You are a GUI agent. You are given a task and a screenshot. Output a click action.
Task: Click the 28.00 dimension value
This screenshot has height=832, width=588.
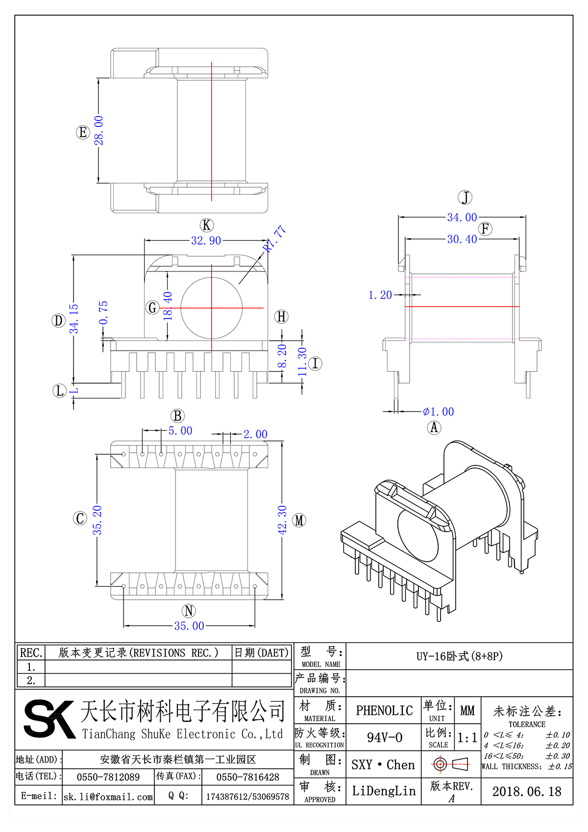coord(99,130)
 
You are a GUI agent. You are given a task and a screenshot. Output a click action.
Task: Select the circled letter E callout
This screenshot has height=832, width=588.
coord(83,132)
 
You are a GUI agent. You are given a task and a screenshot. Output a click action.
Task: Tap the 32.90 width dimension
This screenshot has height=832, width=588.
coord(206,241)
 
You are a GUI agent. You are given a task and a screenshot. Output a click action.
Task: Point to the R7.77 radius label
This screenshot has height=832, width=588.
coord(274,238)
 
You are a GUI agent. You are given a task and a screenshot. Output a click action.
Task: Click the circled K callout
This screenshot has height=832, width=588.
coord(207,225)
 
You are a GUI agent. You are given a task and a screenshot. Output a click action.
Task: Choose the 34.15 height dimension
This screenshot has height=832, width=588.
coord(74,318)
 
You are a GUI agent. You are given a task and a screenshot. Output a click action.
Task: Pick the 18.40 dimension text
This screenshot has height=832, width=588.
coord(168,306)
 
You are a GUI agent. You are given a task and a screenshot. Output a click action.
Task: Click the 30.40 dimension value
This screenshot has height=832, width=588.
coord(462,239)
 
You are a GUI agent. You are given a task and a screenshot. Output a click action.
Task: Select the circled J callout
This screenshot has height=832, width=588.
coord(465,197)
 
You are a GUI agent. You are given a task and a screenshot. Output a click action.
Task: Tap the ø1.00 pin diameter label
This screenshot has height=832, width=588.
coord(439,412)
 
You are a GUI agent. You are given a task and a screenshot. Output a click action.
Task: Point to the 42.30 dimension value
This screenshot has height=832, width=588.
coord(282,520)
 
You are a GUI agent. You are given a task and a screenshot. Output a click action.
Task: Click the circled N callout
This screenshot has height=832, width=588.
coord(189,611)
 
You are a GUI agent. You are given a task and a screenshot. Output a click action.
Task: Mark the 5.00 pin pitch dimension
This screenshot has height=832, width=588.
coord(180,431)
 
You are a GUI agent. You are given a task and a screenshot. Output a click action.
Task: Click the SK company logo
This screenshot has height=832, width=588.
coord(49,719)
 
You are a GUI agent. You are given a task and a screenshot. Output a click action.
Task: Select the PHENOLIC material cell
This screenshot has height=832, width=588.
coord(384,710)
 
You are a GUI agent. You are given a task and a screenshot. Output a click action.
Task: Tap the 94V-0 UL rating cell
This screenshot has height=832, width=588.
coord(384,737)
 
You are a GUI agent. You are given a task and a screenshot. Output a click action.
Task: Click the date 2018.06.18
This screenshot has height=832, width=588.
coord(527,791)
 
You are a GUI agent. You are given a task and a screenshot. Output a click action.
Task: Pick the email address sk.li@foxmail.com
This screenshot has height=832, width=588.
coord(108,797)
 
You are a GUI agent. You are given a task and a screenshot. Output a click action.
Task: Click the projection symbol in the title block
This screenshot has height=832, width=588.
coord(451,764)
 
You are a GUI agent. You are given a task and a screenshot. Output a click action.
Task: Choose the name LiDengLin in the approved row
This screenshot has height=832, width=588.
coord(384,791)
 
